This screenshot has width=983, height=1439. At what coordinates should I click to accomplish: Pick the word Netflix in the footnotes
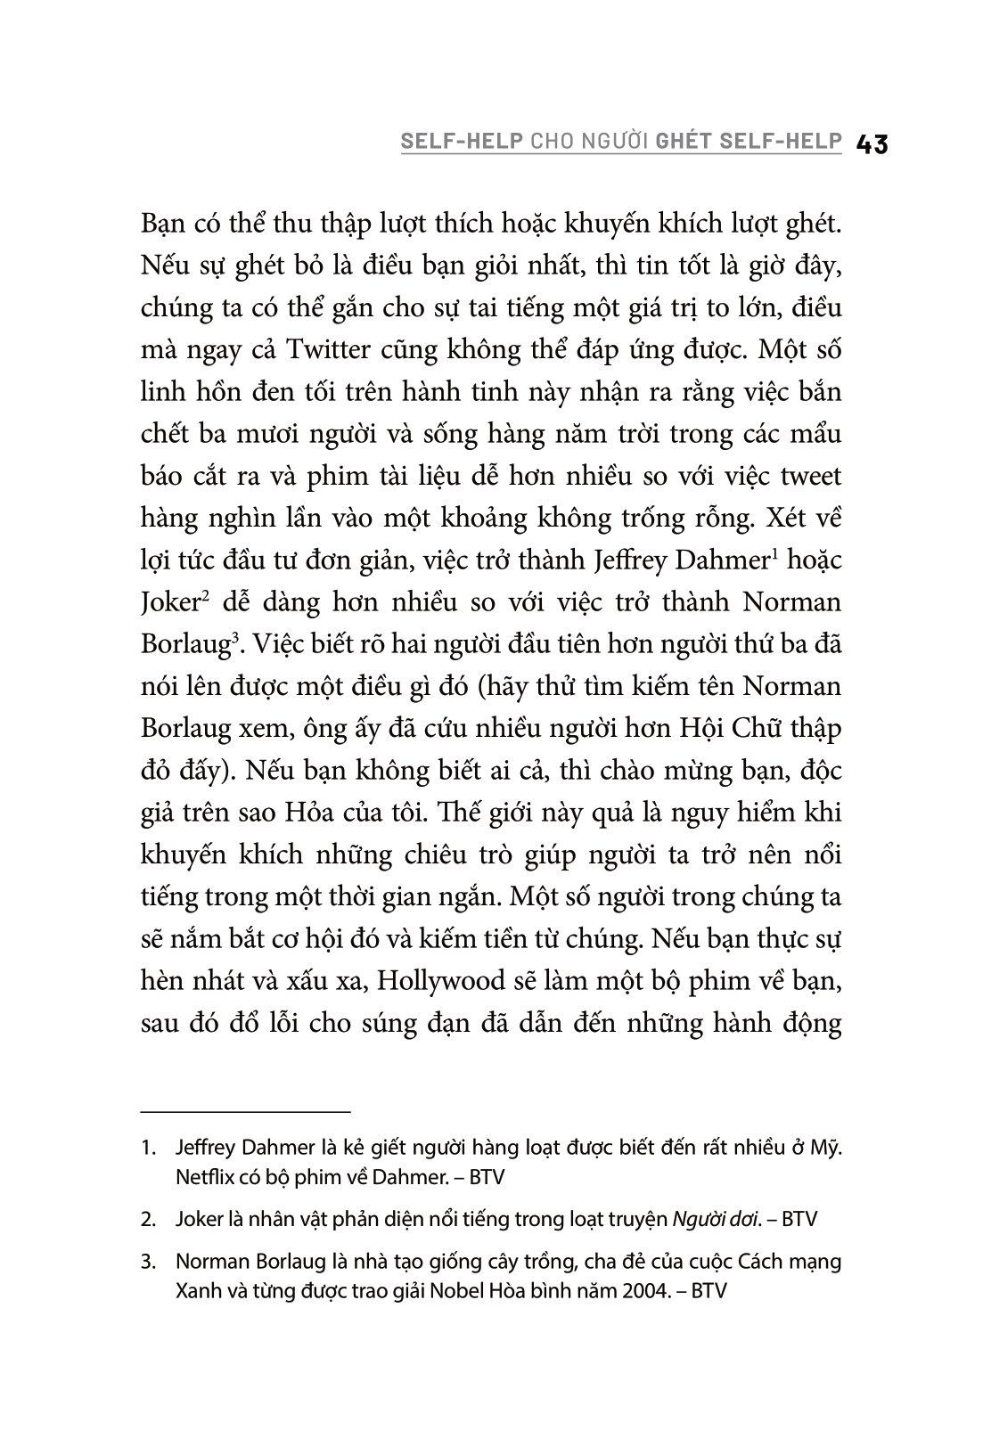(x=206, y=1177)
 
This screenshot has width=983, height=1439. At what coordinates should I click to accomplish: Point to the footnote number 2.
(x=148, y=1220)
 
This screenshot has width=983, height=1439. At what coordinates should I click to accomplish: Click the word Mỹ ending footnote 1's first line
(x=827, y=1148)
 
